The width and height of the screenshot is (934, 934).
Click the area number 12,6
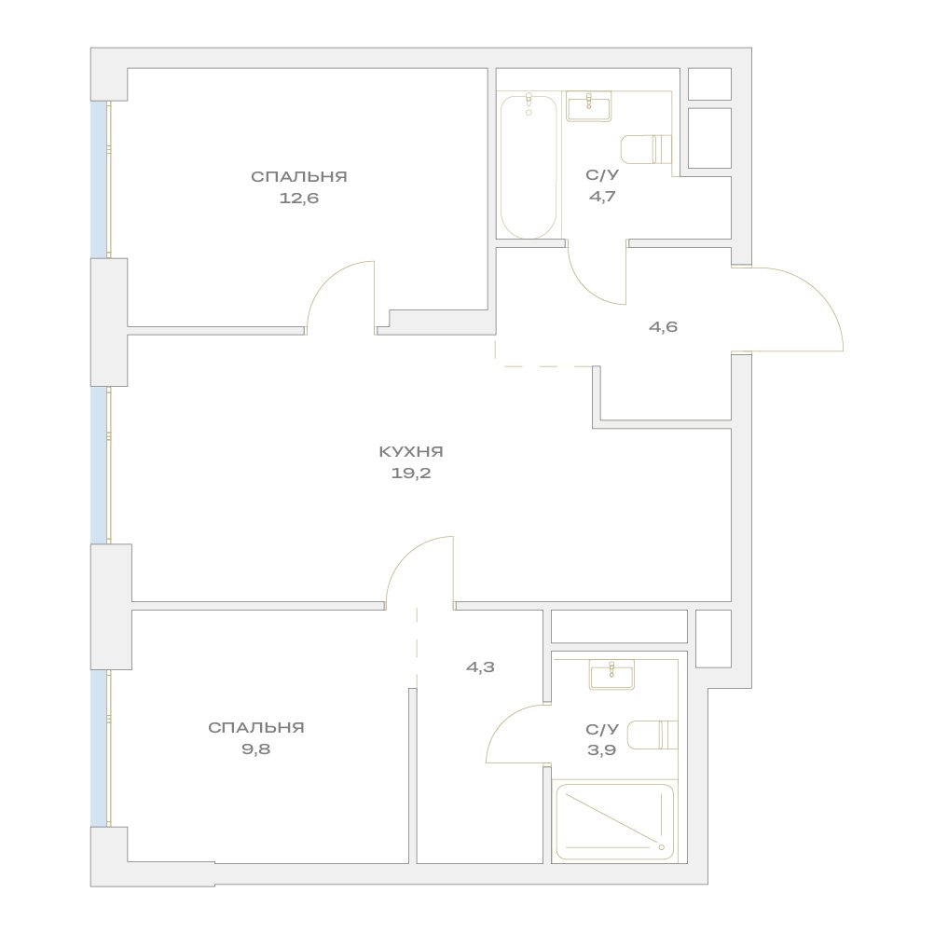pyautogui.click(x=299, y=199)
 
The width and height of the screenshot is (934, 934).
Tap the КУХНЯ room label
pyautogui.click(x=411, y=451)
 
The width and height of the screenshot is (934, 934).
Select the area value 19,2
pyautogui.click(x=411, y=474)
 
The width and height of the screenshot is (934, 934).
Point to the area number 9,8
pyautogui.click(x=256, y=749)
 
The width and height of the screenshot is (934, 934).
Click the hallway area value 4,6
pyautogui.click(x=663, y=327)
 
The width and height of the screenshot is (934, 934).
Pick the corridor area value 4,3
pyautogui.click(x=480, y=667)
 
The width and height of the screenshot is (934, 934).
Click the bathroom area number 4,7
pyautogui.click(x=602, y=197)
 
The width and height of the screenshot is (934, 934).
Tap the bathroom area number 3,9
pyautogui.click(x=601, y=750)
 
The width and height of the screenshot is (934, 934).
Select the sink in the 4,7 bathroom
pyautogui.click(x=588, y=106)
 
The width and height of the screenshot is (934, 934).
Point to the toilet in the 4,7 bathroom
pyautogui.click(x=646, y=149)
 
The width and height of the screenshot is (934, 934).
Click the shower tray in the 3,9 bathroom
pyautogui.click(x=614, y=821)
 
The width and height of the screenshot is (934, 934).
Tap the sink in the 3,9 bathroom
pyautogui.click(x=611, y=674)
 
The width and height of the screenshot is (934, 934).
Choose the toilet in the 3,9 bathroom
pyautogui.click(x=653, y=735)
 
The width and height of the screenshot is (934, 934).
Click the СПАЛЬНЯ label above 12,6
pyautogui.click(x=299, y=177)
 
